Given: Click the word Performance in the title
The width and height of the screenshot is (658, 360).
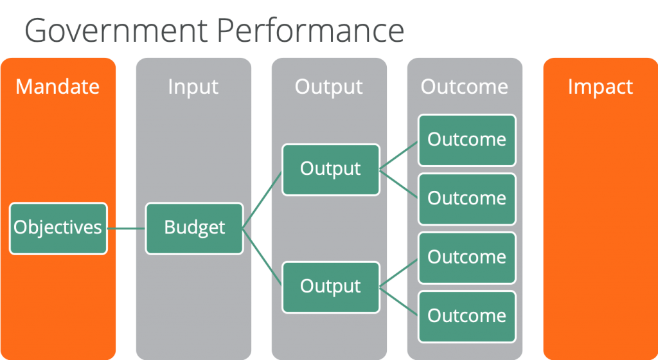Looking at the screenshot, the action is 310,30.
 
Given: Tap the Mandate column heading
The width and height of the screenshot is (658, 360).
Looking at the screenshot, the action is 57,87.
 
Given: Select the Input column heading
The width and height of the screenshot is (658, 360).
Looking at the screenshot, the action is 193,87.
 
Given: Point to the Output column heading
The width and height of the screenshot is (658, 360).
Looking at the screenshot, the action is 328,87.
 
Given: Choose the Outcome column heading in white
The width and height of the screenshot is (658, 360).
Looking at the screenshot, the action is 465,87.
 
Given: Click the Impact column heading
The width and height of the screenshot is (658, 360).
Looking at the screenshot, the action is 600,87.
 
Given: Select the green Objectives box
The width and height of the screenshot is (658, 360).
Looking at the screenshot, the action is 58,229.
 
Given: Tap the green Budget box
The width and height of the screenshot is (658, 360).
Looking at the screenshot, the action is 194,229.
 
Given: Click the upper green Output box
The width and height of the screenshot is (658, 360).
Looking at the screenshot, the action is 331,170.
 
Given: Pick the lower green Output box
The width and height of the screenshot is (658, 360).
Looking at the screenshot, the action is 331,287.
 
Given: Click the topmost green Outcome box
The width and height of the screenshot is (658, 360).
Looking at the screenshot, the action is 467,141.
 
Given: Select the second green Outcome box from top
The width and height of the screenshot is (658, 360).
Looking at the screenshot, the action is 467,199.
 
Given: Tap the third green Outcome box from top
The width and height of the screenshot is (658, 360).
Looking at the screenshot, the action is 467,258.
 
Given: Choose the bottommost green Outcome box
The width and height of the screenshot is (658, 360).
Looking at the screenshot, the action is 467,317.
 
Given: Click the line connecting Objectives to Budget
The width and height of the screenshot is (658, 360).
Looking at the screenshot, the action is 127,229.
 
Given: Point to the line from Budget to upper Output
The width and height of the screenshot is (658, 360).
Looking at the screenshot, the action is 262,200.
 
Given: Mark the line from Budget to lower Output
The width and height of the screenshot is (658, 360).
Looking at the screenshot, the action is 262,256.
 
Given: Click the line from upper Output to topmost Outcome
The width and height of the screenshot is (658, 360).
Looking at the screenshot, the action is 398,156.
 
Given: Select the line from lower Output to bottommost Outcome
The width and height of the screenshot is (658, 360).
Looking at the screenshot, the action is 398,301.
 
